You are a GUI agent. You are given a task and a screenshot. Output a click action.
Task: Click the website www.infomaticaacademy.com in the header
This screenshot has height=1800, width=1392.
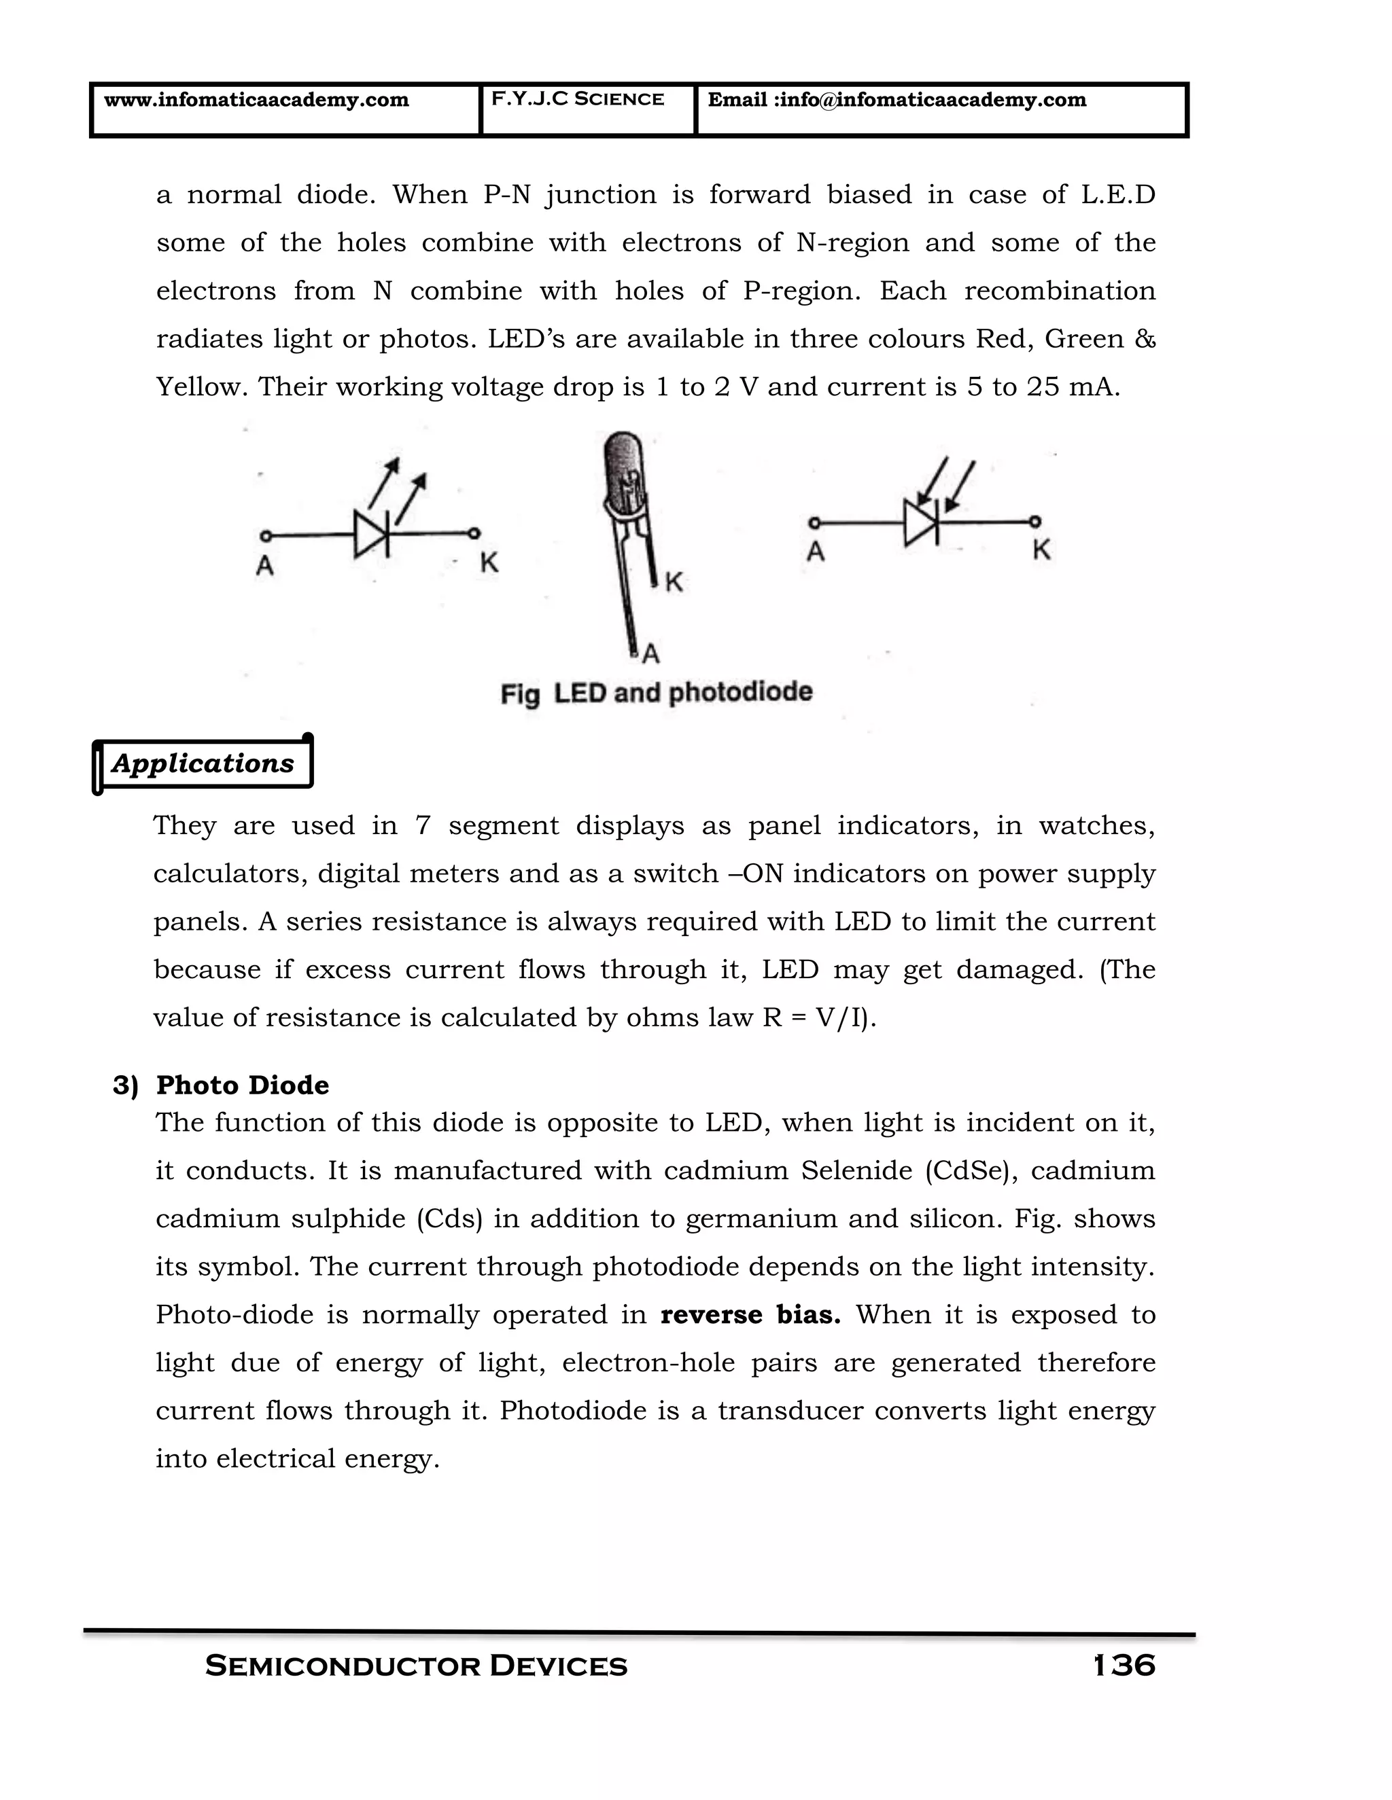point(256,101)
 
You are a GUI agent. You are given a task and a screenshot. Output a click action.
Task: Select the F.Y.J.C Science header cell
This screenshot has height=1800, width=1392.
point(577,100)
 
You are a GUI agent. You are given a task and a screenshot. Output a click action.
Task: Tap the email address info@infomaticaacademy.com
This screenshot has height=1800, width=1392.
point(897,101)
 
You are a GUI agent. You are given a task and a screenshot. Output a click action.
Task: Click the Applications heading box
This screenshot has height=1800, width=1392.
point(203,763)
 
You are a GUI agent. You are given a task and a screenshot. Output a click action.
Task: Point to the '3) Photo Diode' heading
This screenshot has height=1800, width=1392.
point(221,1085)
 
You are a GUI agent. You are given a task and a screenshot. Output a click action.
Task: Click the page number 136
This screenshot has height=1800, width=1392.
point(1123,1666)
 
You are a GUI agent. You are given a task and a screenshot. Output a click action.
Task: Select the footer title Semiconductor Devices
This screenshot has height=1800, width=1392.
point(417,1666)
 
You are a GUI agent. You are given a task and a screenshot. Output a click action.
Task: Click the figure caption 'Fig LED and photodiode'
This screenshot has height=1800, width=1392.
point(657,693)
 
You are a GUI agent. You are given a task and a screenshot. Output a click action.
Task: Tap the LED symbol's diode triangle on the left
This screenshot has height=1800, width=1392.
point(370,535)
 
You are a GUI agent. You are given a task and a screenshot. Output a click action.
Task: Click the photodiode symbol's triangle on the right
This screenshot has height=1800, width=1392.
point(920,522)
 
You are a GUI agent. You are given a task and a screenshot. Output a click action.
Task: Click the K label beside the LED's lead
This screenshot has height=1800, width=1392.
point(674,583)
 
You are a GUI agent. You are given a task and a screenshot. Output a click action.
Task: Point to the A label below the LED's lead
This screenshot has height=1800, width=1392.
point(650,654)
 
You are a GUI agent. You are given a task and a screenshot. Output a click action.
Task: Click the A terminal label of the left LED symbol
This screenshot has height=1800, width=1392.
point(264,566)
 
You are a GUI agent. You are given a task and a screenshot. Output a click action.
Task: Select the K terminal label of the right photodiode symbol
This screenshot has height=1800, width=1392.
point(1041,551)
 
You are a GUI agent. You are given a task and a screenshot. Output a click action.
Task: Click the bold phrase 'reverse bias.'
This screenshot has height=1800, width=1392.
point(750,1314)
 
